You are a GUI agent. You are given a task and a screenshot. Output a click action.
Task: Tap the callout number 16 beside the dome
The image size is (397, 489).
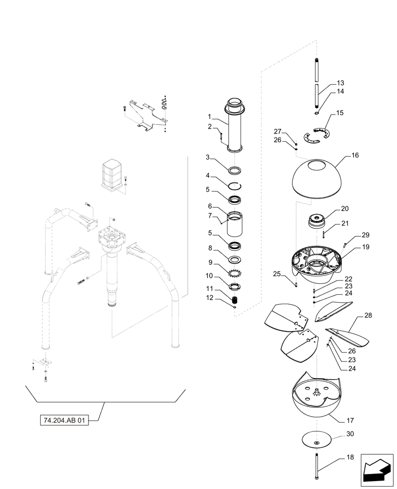[354, 156]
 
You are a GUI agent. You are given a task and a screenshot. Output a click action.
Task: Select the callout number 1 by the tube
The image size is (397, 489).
[209, 117]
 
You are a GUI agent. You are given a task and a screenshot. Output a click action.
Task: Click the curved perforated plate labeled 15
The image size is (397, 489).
[316, 135]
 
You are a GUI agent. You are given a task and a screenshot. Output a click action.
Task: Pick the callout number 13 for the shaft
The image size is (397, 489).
[340, 83]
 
